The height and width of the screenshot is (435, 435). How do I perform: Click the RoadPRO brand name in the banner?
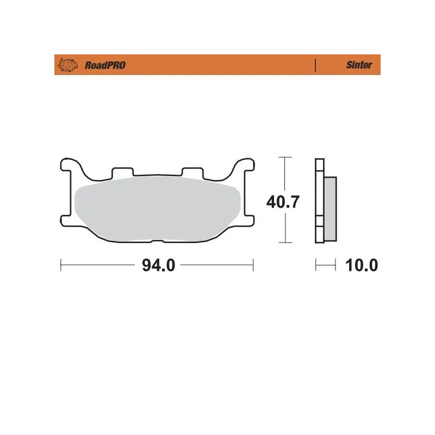point(105,65)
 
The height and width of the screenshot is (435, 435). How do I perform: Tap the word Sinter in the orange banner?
point(359,65)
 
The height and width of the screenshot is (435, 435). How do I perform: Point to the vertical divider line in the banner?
point(315,65)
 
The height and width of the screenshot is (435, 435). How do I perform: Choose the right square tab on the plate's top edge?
point(192,172)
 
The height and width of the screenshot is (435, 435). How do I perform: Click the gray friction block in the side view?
point(330,209)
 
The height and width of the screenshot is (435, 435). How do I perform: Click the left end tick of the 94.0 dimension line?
point(60,265)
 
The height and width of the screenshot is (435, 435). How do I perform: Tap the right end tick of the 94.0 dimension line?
point(253,265)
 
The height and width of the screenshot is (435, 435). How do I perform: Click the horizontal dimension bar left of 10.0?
point(325,265)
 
